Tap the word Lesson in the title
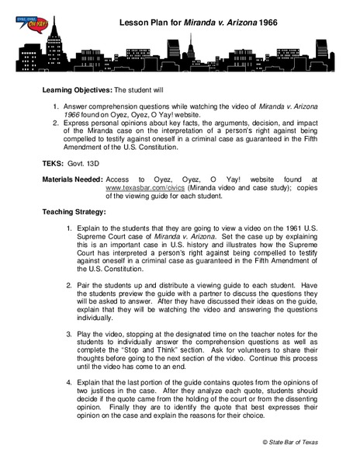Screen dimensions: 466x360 click(133, 24)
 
